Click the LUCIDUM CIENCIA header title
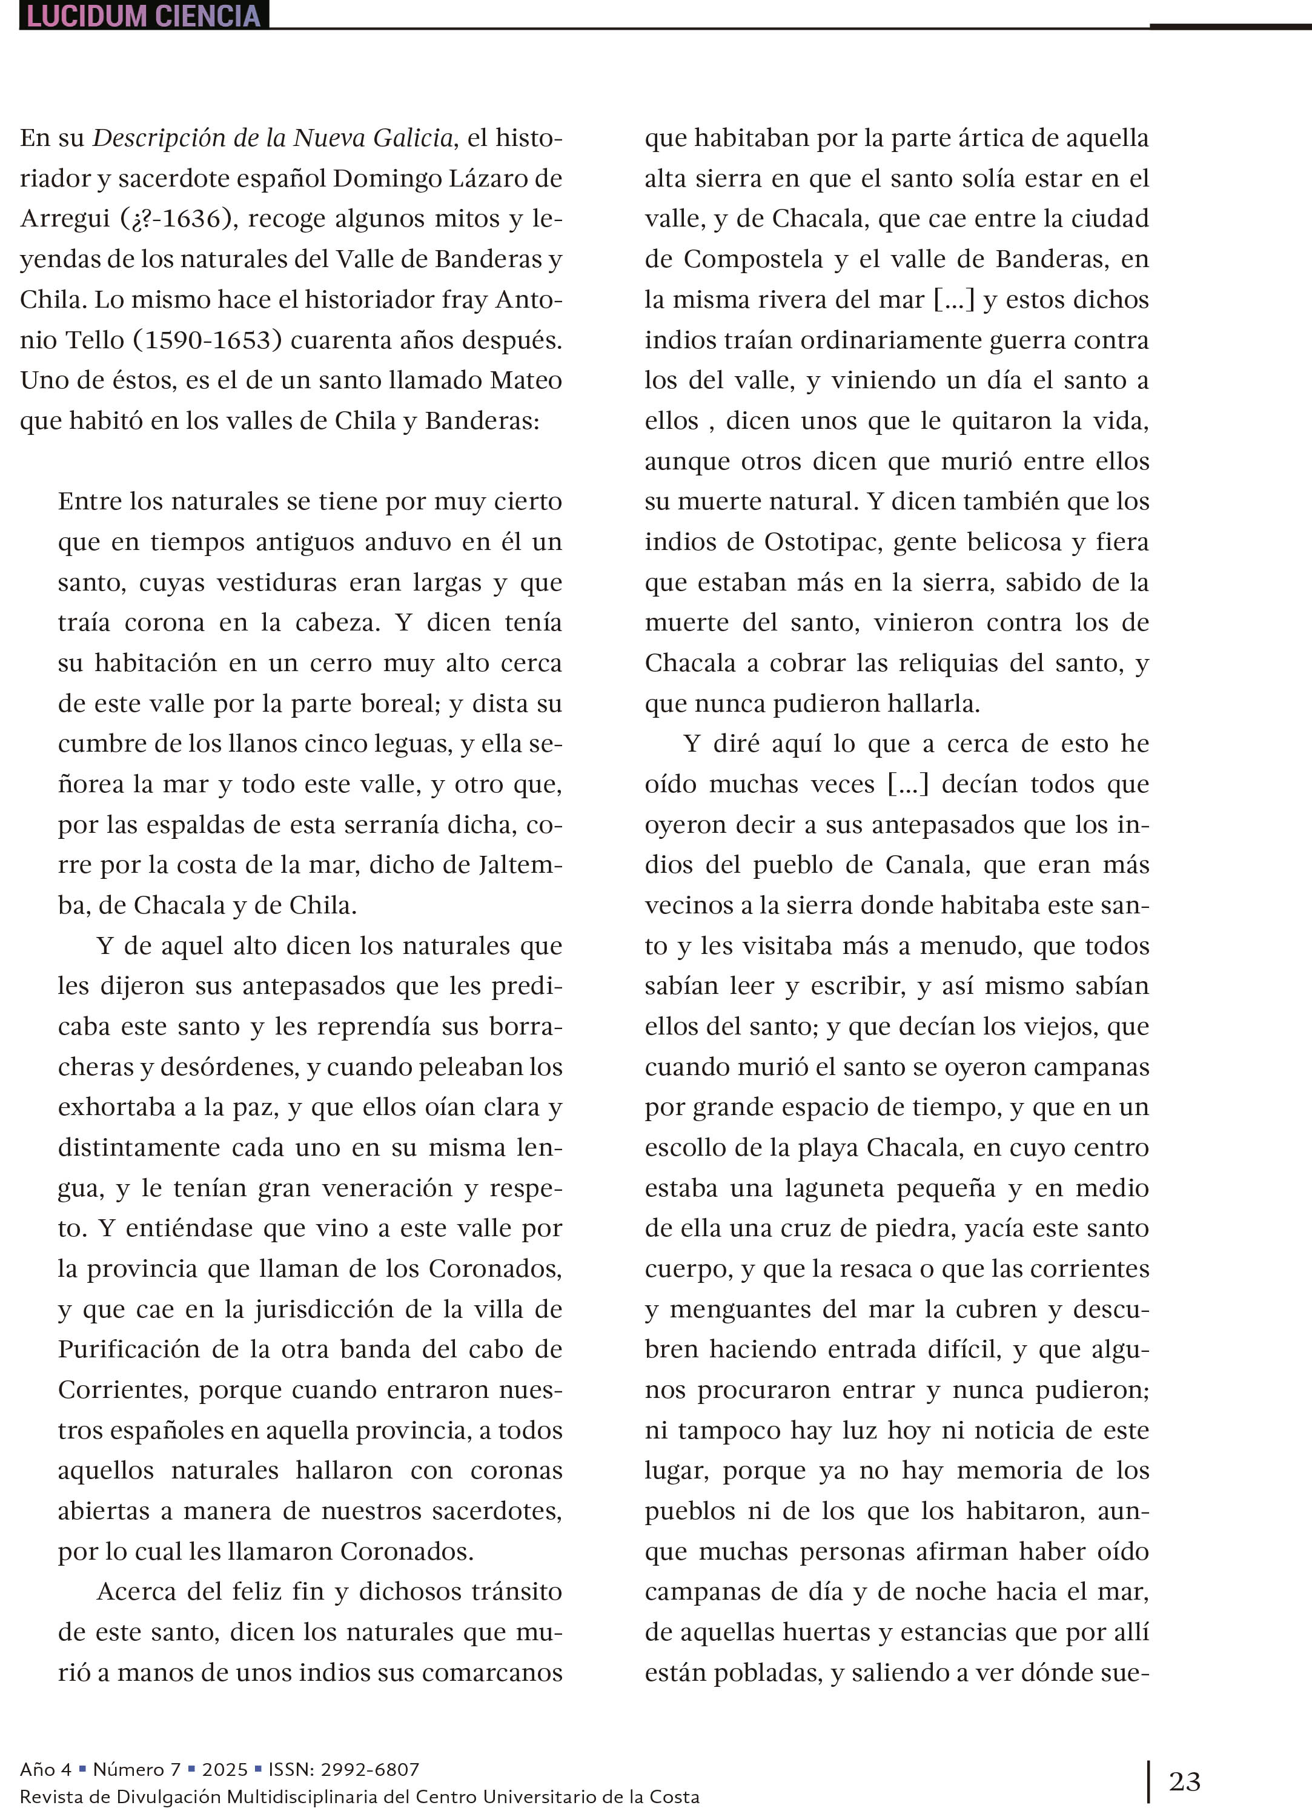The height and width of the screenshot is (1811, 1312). [x=144, y=15]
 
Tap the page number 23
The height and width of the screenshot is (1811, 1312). [x=1184, y=1781]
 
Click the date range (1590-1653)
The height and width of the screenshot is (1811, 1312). [x=208, y=340]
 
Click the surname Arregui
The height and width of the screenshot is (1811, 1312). [x=65, y=219]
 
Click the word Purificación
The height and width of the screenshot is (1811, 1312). [x=128, y=1349]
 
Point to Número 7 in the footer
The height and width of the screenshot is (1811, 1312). [x=136, y=1769]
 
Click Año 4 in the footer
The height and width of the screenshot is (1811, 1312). [x=45, y=1769]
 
